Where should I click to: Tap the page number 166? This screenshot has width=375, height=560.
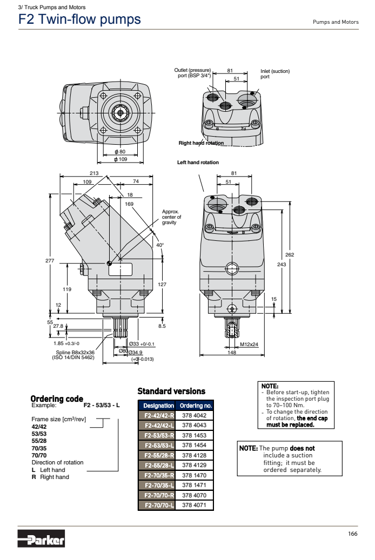[x=353, y=534]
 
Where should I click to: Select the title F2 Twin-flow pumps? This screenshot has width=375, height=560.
[x=79, y=20]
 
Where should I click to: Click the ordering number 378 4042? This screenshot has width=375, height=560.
[x=195, y=415]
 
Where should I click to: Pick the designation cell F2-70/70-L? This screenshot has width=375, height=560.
[x=158, y=505]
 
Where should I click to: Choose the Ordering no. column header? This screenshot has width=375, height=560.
[x=196, y=405]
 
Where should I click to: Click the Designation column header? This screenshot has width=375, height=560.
[x=158, y=405]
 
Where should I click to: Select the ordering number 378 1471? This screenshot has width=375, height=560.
[x=195, y=485]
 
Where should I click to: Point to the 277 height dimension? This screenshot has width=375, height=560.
[x=50, y=260]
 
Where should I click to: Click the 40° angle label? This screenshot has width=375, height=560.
[x=159, y=245]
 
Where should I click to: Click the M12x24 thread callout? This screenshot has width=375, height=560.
[x=249, y=344]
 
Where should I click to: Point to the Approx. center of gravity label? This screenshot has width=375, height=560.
[x=171, y=217]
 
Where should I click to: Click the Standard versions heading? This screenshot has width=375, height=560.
[x=171, y=390]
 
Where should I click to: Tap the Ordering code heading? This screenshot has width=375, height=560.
[x=57, y=399]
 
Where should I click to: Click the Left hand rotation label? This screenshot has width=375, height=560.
[x=198, y=163]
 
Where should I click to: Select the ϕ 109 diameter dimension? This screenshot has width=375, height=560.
[x=119, y=159]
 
